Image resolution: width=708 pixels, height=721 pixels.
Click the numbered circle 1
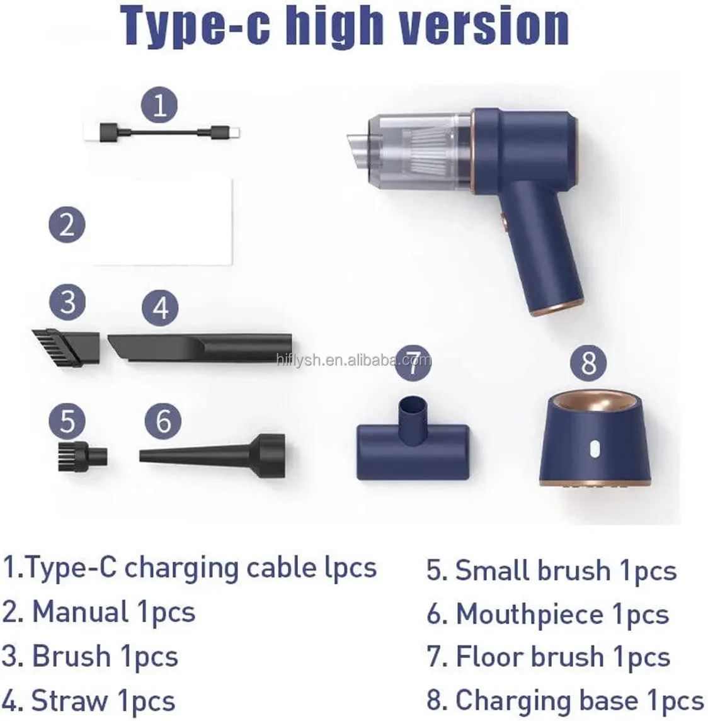point(159,105)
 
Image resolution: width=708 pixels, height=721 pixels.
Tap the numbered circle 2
point(67,225)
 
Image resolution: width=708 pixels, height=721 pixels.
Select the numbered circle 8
point(588,363)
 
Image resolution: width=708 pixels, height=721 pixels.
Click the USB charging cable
point(162,132)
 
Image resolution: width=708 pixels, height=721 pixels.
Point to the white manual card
point(163,222)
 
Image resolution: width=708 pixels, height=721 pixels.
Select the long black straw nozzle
point(200,348)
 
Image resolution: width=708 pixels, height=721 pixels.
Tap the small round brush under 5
point(83,456)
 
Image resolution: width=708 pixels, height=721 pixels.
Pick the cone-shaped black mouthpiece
point(212,456)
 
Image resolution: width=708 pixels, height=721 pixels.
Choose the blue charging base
point(595,440)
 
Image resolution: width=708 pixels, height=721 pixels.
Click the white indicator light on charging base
point(595,449)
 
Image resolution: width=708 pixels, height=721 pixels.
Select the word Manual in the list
point(80,612)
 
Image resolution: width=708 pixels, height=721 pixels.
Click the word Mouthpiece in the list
point(530,614)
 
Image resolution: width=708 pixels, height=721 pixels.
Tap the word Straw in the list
point(69,700)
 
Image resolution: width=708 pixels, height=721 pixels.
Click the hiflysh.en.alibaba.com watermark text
point(354,360)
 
